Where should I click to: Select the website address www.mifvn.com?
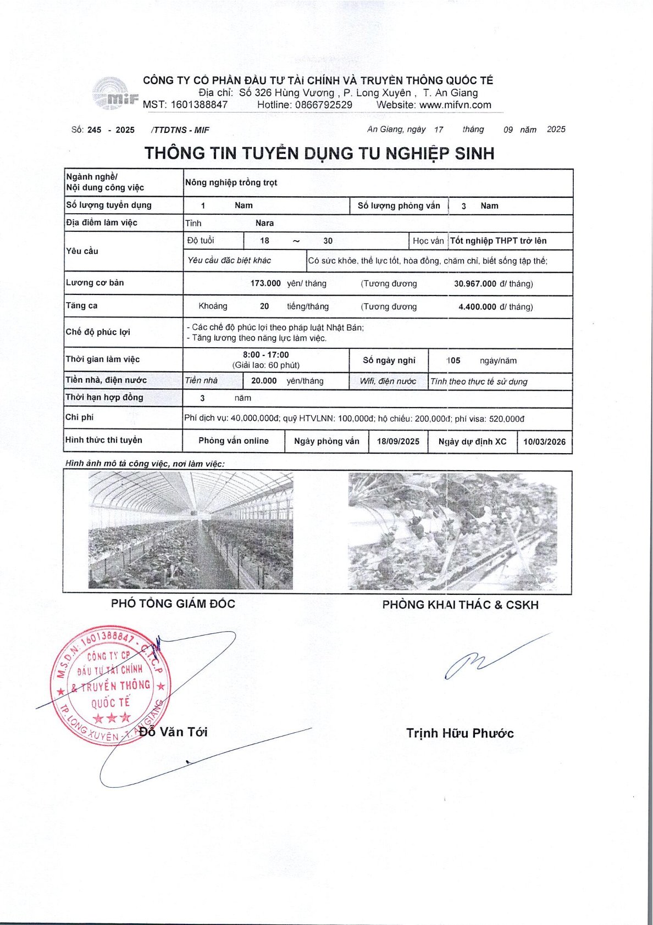455,105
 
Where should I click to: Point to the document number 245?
95,130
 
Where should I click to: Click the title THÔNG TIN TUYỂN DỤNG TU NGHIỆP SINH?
319,153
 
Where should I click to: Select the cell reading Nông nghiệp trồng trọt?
231,182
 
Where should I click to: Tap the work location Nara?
264,223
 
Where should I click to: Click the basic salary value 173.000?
265,283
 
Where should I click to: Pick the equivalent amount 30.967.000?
475,284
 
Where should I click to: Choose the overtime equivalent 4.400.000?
477,307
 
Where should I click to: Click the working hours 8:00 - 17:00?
266,355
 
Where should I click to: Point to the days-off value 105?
453,361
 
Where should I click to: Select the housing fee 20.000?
264,381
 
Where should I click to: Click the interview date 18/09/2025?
398,441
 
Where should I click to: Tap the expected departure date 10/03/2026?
544,442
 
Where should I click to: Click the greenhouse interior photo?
191,531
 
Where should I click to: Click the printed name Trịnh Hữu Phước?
460,733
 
